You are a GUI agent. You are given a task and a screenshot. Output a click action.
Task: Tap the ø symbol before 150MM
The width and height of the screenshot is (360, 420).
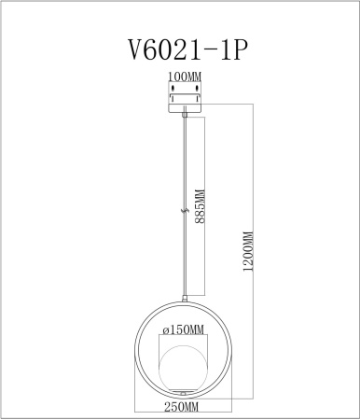click(x=164, y=330)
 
